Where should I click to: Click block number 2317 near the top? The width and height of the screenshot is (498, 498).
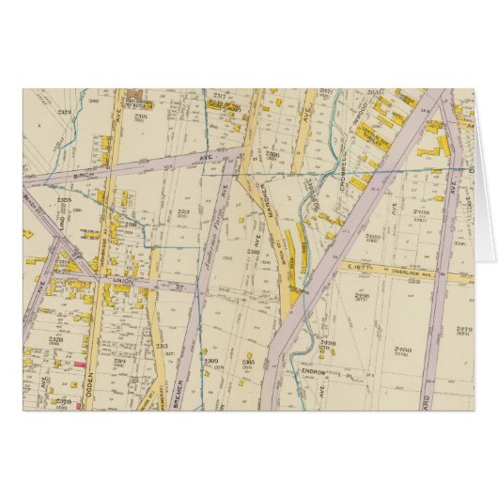pos(219,96)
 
